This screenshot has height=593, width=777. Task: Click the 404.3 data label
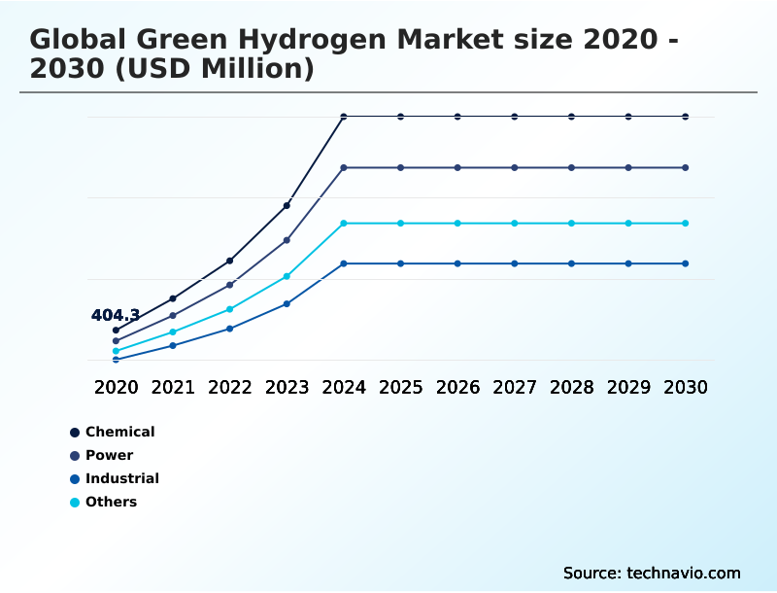coord(116,315)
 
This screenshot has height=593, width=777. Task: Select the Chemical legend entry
coord(119,432)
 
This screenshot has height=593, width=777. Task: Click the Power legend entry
coord(109,455)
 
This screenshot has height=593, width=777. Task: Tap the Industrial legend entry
coord(121,478)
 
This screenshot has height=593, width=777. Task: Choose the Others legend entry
coord(111,502)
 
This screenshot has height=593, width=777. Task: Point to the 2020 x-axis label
coord(116,387)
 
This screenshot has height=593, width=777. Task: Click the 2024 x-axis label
coord(344,387)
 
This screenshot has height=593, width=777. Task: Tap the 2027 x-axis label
coord(515,387)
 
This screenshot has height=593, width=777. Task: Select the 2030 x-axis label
coord(686,387)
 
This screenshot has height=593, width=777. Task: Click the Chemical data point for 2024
coord(344,117)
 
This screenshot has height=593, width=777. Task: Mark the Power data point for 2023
coord(287,240)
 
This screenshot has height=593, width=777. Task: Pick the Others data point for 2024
coord(344,224)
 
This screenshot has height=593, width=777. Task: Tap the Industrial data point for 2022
coord(230,329)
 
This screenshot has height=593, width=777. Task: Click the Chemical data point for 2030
coord(686,117)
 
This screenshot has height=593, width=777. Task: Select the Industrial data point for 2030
coord(686,263)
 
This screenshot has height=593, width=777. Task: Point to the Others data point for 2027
coord(515,224)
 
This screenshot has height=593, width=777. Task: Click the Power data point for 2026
coord(457,168)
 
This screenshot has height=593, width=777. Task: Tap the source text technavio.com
coord(684,573)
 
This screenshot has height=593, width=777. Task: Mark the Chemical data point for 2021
coord(173,298)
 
